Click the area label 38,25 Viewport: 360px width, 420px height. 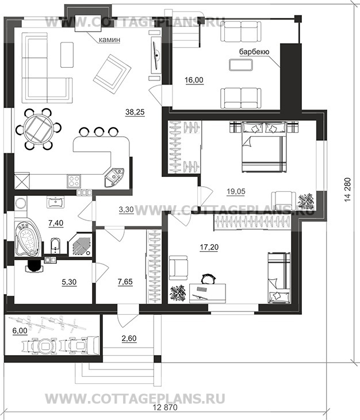pyautogui.click(x=135, y=112)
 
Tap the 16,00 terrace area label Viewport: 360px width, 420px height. pyautogui.click(x=194, y=80)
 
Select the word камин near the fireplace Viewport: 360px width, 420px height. pyautogui.click(x=109, y=40)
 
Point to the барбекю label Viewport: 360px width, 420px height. pyautogui.click(x=254, y=52)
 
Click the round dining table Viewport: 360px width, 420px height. pyautogui.click(x=39, y=129)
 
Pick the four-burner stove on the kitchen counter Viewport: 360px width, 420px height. pyautogui.click(x=74, y=181)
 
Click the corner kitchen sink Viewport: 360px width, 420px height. pyautogui.click(x=114, y=177)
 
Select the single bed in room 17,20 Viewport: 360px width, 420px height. pyautogui.click(x=279, y=278)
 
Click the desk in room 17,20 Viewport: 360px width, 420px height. pyautogui.click(x=208, y=293)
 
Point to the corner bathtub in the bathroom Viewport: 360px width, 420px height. pyautogui.click(x=28, y=237)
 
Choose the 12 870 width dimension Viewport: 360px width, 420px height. pyautogui.click(x=165, y=415)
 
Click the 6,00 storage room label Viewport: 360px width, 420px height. pyautogui.click(x=20, y=331)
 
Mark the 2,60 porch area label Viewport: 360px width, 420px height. pyautogui.click(x=129, y=338)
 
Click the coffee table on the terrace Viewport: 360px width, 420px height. pyautogui.click(x=241, y=65)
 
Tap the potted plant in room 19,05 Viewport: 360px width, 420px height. pyautogui.click(x=305, y=201)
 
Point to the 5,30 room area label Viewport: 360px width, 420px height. pyautogui.click(x=69, y=282)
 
